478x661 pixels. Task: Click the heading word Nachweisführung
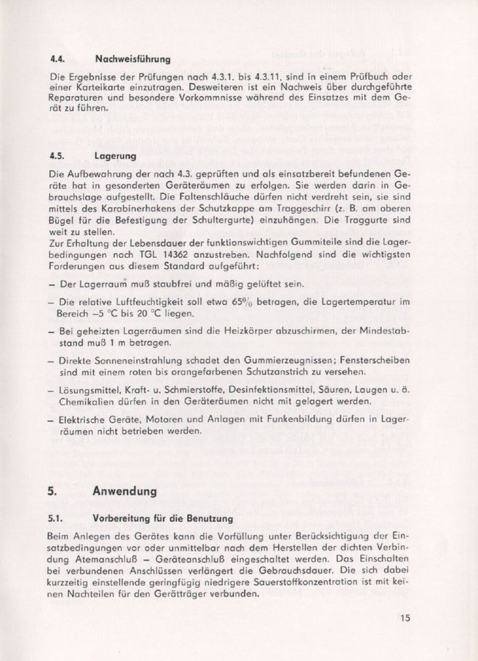[133, 58]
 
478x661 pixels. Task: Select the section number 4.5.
[56, 156]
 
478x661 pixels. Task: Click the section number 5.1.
[56, 519]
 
